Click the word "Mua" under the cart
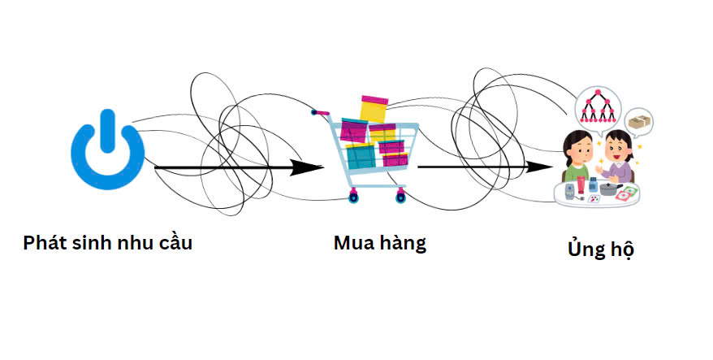[352, 243]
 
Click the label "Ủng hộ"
[601, 248]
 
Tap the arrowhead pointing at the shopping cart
[306, 167]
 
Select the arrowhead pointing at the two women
[539, 167]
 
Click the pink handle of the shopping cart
[320, 112]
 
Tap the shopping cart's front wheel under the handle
[353, 197]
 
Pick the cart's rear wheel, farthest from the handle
[400, 197]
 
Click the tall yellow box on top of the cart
[374, 109]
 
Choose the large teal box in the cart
[361, 156]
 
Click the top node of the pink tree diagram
[598, 93]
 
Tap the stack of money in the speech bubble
[639, 122]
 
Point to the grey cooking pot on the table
[610, 189]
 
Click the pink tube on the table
[581, 184]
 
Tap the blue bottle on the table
[593, 184]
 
